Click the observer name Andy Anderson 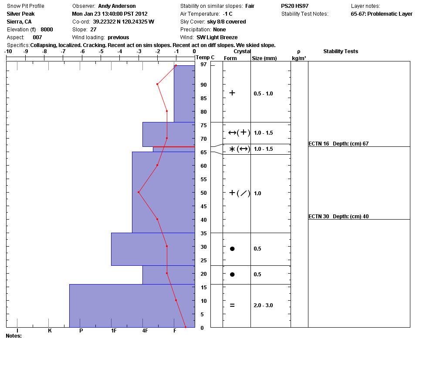point(117,6)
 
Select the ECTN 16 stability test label point(338,144)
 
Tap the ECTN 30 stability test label point(338,217)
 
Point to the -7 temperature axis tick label point(63,51)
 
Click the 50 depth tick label point(203,193)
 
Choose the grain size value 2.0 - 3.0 point(263,305)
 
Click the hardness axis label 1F point(114,331)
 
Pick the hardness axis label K point(50,331)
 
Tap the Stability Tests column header point(340,51)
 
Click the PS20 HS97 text point(294,6)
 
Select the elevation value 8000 point(47,30)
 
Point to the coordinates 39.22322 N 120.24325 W point(123,22)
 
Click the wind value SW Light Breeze point(217,37)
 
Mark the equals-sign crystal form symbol point(232,305)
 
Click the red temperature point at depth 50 point(139,192)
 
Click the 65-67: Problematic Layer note point(381,14)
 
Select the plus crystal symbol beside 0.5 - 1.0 point(232,93)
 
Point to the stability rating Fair point(250,6)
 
